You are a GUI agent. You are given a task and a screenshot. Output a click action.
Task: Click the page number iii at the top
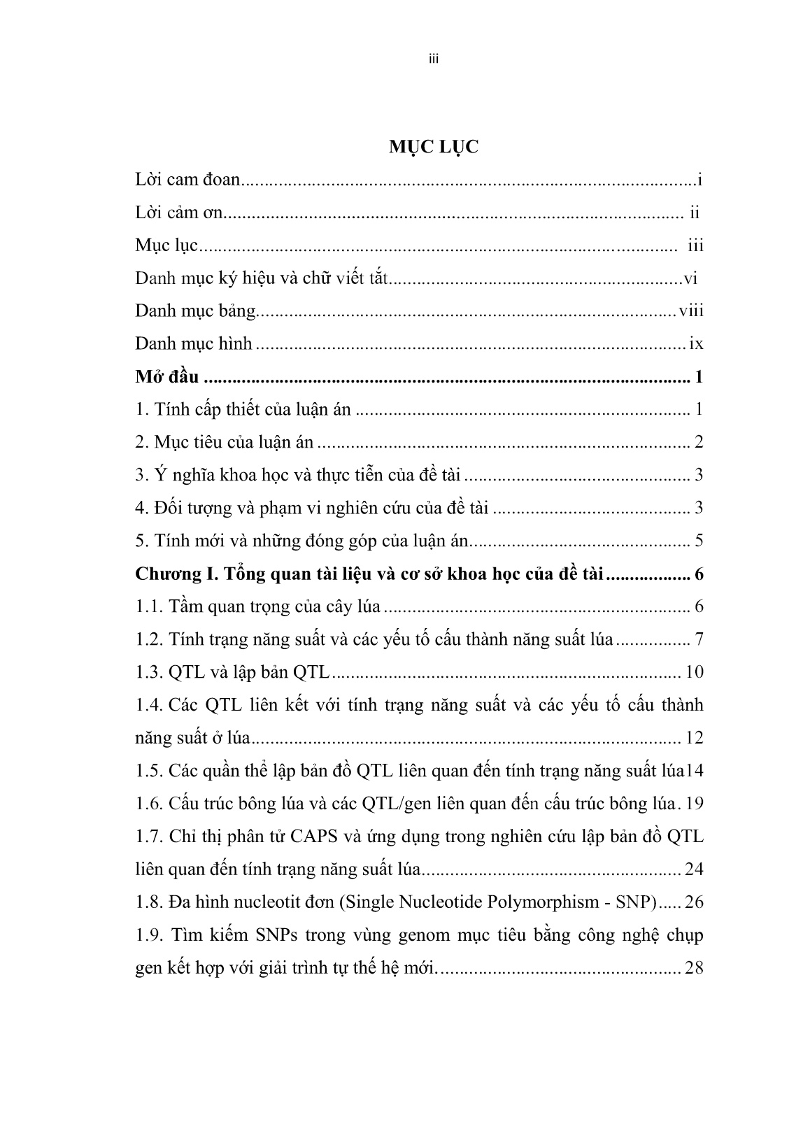433,59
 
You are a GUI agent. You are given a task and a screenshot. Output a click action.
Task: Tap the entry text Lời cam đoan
187,180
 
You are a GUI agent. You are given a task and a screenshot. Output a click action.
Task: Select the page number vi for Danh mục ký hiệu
690,279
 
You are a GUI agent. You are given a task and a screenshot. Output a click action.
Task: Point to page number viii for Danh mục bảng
690,311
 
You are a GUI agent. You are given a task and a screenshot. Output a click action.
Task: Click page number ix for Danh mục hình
696,344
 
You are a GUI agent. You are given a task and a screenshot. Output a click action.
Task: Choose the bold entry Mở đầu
167,378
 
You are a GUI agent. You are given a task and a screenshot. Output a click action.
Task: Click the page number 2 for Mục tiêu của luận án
699,443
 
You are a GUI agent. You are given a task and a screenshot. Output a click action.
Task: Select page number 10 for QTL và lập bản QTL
694,673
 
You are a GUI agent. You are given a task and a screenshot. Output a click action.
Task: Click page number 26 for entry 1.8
694,902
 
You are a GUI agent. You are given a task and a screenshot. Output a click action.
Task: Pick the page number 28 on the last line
694,969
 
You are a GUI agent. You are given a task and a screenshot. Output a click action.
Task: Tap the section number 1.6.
148,804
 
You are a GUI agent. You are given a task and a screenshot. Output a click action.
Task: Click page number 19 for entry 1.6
694,804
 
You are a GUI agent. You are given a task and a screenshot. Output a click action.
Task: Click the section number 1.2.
148,639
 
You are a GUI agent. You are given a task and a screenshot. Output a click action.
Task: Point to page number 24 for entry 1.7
694,869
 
